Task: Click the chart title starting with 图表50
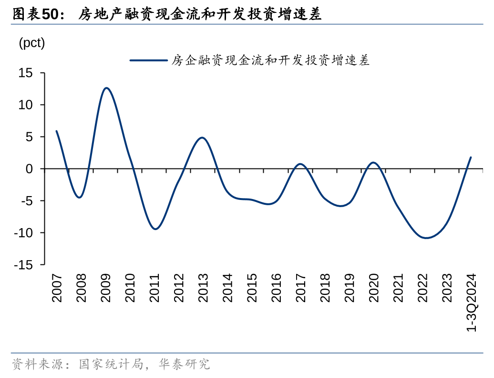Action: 167,15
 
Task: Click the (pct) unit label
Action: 31,43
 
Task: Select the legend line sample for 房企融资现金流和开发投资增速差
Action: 148,61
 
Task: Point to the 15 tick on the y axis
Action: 26,73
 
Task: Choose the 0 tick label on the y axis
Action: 29,169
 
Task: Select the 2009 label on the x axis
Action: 106,288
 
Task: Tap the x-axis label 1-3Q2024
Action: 471,303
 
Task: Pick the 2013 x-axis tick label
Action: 203,288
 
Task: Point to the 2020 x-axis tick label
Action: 373,288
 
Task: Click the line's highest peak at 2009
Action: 106,88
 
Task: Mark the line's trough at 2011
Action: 155,229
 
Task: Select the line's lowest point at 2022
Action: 425,238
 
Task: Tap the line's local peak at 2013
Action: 202,137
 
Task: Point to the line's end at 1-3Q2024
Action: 471,157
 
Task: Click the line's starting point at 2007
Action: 56,131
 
